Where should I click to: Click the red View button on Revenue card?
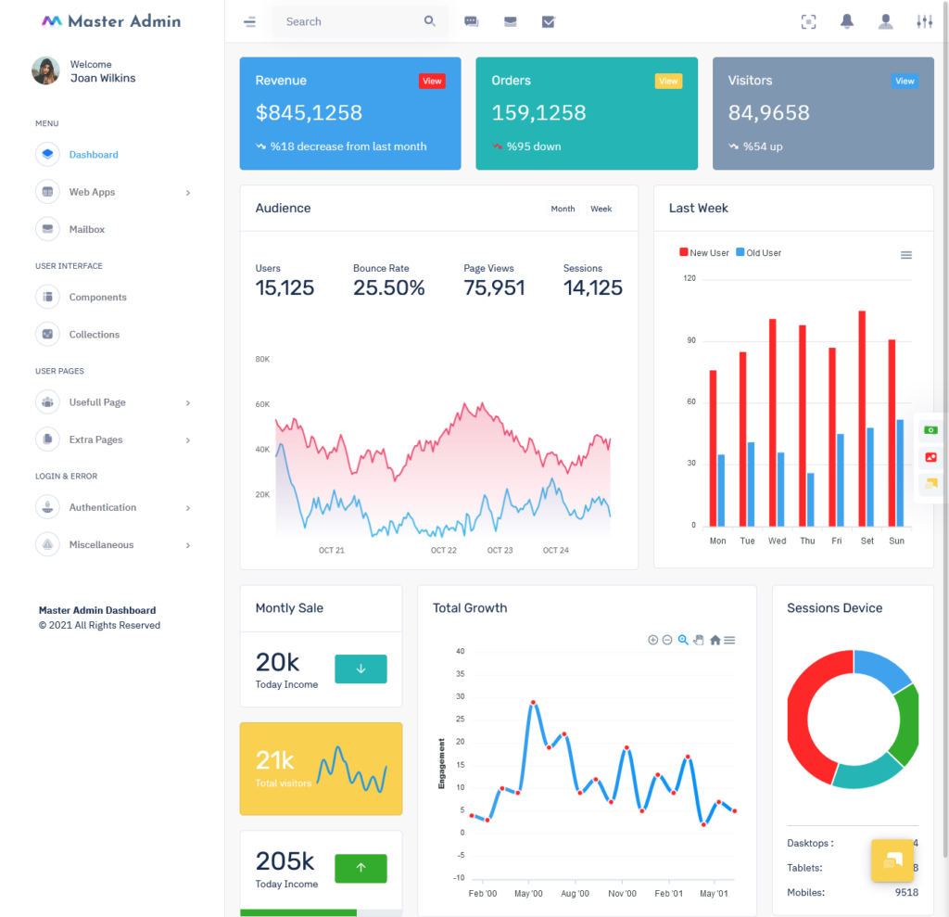(x=432, y=82)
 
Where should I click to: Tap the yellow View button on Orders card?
(x=668, y=82)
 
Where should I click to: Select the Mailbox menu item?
(x=86, y=229)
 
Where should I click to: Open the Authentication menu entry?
(x=102, y=507)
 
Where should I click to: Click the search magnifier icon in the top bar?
(x=430, y=21)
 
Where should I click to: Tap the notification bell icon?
(x=847, y=21)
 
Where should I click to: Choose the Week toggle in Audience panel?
(x=601, y=209)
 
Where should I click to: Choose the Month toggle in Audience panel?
(x=563, y=209)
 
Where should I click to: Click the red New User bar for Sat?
(x=862, y=417)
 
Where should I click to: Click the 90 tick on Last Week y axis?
(x=690, y=341)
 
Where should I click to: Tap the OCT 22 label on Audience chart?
(x=444, y=551)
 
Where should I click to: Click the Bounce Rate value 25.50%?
(x=388, y=288)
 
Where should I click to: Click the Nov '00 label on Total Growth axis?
(x=622, y=894)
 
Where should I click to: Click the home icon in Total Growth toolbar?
(x=715, y=640)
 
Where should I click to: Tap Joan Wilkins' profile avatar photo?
(x=45, y=71)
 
